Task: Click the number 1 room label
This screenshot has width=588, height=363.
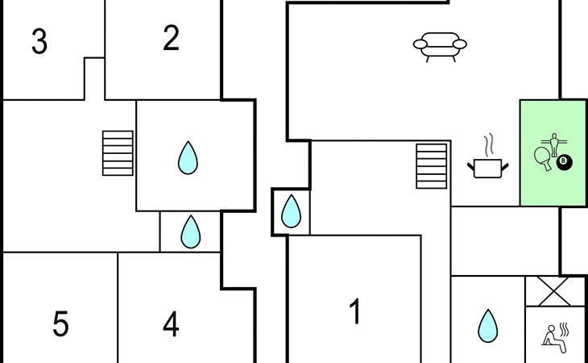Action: point(355,311)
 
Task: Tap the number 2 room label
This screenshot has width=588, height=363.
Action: point(171,39)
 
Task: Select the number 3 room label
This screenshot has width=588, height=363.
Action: point(39,41)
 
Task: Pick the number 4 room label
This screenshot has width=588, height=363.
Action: point(171,324)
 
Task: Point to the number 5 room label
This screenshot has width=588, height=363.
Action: point(60,324)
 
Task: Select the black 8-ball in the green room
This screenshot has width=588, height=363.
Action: point(563,162)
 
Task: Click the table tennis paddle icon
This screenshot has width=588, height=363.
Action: point(544,157)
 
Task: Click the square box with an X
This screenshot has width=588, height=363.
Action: point(553,291)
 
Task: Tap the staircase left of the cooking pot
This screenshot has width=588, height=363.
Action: point(431,166)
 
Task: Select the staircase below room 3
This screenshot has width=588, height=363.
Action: point(118,153)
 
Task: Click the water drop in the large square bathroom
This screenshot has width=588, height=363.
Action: point(188,158)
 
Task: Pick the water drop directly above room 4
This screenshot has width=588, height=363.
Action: point(190,232)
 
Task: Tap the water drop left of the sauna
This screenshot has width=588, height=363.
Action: point(487,326)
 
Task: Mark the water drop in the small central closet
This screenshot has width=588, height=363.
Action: point(291,212)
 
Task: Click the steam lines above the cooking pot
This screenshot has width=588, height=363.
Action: point(488,145)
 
